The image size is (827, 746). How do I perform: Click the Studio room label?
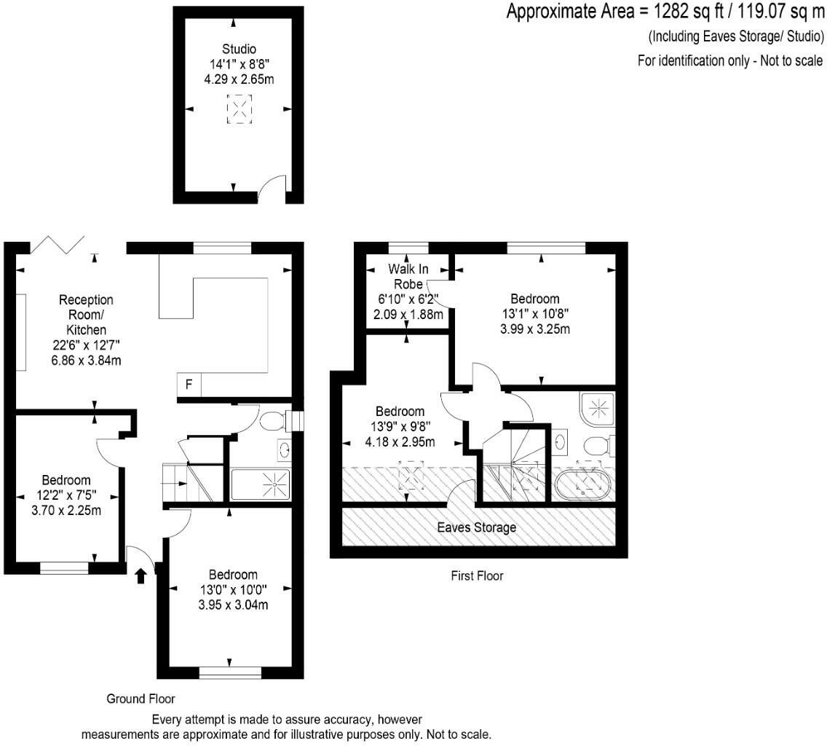tap(239, 49)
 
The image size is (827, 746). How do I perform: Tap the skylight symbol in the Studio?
tap(239, 109)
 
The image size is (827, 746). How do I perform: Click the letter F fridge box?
tap(189, 385)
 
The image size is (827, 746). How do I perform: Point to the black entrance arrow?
tap(141, 576)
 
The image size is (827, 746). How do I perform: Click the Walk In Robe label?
tap(408, 276)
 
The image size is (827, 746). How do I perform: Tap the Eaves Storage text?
tap(476, 527)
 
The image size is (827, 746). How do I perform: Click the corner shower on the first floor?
tap(598, 409)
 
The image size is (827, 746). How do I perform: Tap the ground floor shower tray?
tap(261, 484)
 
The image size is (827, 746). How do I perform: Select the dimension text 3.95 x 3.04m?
tap(233, 605)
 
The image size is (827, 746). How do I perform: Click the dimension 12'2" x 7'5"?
tap(66, 495)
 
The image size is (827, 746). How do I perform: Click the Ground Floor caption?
tap(141, 699)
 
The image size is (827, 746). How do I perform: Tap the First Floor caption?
tap(477, 576)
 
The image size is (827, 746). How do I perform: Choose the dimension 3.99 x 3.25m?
tap(535, 329)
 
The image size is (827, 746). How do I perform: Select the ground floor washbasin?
tap(284, 449)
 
